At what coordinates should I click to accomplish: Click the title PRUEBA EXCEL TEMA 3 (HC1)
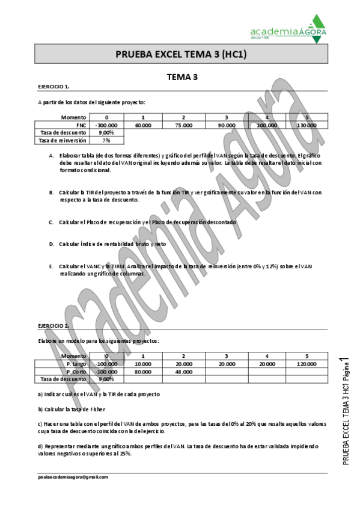181,55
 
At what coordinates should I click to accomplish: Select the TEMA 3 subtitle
182,76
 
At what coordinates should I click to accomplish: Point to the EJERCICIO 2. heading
53,325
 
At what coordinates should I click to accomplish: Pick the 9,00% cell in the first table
106,132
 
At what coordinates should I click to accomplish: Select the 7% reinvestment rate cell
106,140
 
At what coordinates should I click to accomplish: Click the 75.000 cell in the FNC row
183,125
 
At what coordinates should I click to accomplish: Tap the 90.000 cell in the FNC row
226,125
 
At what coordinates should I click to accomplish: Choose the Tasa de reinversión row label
63,140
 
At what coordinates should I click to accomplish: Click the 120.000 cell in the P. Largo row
306,364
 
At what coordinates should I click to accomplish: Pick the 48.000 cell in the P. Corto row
183,372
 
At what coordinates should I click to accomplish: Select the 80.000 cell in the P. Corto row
142,372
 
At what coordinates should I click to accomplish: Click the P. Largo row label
76,364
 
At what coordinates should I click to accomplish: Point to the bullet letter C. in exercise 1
52,222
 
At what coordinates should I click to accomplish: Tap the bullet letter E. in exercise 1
52,266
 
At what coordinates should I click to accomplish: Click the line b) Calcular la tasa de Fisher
72,409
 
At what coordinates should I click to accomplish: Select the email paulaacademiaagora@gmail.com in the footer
73,476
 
